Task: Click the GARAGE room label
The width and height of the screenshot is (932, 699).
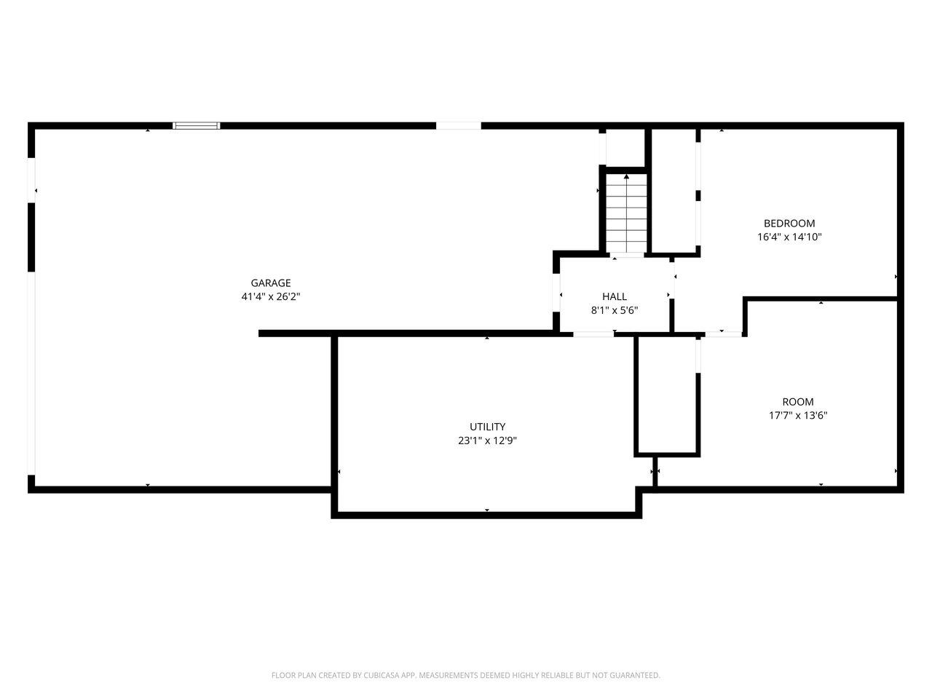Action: (x=270, y=283)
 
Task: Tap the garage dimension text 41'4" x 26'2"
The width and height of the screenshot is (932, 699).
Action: (x=270, y=296)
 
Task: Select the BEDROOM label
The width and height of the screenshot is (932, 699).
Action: (x=789, y=224)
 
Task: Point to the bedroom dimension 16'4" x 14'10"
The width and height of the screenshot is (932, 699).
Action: (x=789, y=237)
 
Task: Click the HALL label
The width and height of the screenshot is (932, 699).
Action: (x=615, y=296)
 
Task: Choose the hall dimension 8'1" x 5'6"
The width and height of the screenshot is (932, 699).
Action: (x=615, y=310)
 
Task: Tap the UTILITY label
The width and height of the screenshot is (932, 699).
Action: (x=487, y=427)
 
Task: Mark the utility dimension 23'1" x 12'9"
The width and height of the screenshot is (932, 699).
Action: (x=487, y=441)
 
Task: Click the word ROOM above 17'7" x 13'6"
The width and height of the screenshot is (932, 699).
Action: (x=798, y=401)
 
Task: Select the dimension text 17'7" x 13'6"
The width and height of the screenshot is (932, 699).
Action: (x=798, y=415)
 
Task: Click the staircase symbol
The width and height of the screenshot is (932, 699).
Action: (x=626, y=213)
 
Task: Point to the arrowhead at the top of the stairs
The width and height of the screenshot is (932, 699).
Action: (x=626, y=176)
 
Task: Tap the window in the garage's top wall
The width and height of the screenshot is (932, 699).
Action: (x=196, y=126)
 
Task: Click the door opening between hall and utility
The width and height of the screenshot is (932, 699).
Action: (x=593, y=334)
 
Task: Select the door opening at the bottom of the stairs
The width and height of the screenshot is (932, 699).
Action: (x=627, y=255)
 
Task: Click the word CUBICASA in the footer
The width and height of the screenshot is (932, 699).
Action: (x=382, y=675)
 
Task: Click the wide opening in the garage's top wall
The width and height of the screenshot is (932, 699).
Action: (x=459, y=126)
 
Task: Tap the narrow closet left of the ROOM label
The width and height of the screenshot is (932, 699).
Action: (x=667, y=395)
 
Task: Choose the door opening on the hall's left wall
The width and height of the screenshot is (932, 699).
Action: (x=556, y=293)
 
